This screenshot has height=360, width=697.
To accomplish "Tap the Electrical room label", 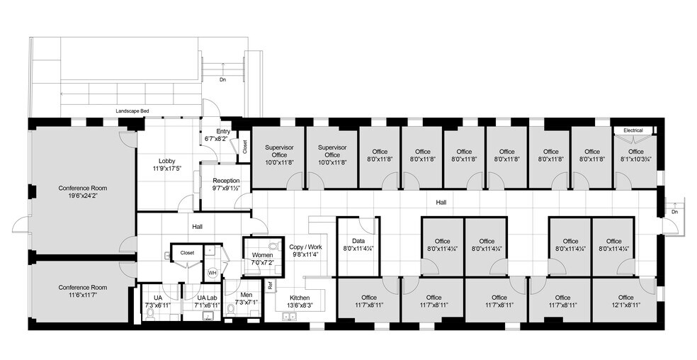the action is tap(633, 130).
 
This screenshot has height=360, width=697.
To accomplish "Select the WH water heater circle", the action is tap(212, 273).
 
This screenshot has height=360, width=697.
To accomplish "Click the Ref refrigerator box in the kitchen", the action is tap(270, 286).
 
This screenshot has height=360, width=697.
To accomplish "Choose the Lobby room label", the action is tap(166, 161).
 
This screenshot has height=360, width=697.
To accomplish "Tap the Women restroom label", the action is tap(262, 255).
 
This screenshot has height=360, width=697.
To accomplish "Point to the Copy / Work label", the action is tap(306, 247).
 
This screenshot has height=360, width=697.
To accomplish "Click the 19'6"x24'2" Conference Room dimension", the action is tap(83, 195).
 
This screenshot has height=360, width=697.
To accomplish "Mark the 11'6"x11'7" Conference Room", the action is tap(83, 291).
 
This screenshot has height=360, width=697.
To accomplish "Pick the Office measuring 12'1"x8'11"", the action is tap(625, 300).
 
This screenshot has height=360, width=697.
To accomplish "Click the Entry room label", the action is tap(223, 132).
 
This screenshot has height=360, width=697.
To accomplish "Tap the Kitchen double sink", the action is tap(290, 316).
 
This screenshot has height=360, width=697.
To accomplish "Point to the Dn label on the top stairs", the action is tap(222, 80).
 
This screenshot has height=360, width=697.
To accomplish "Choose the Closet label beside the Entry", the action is tap(245, 147).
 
